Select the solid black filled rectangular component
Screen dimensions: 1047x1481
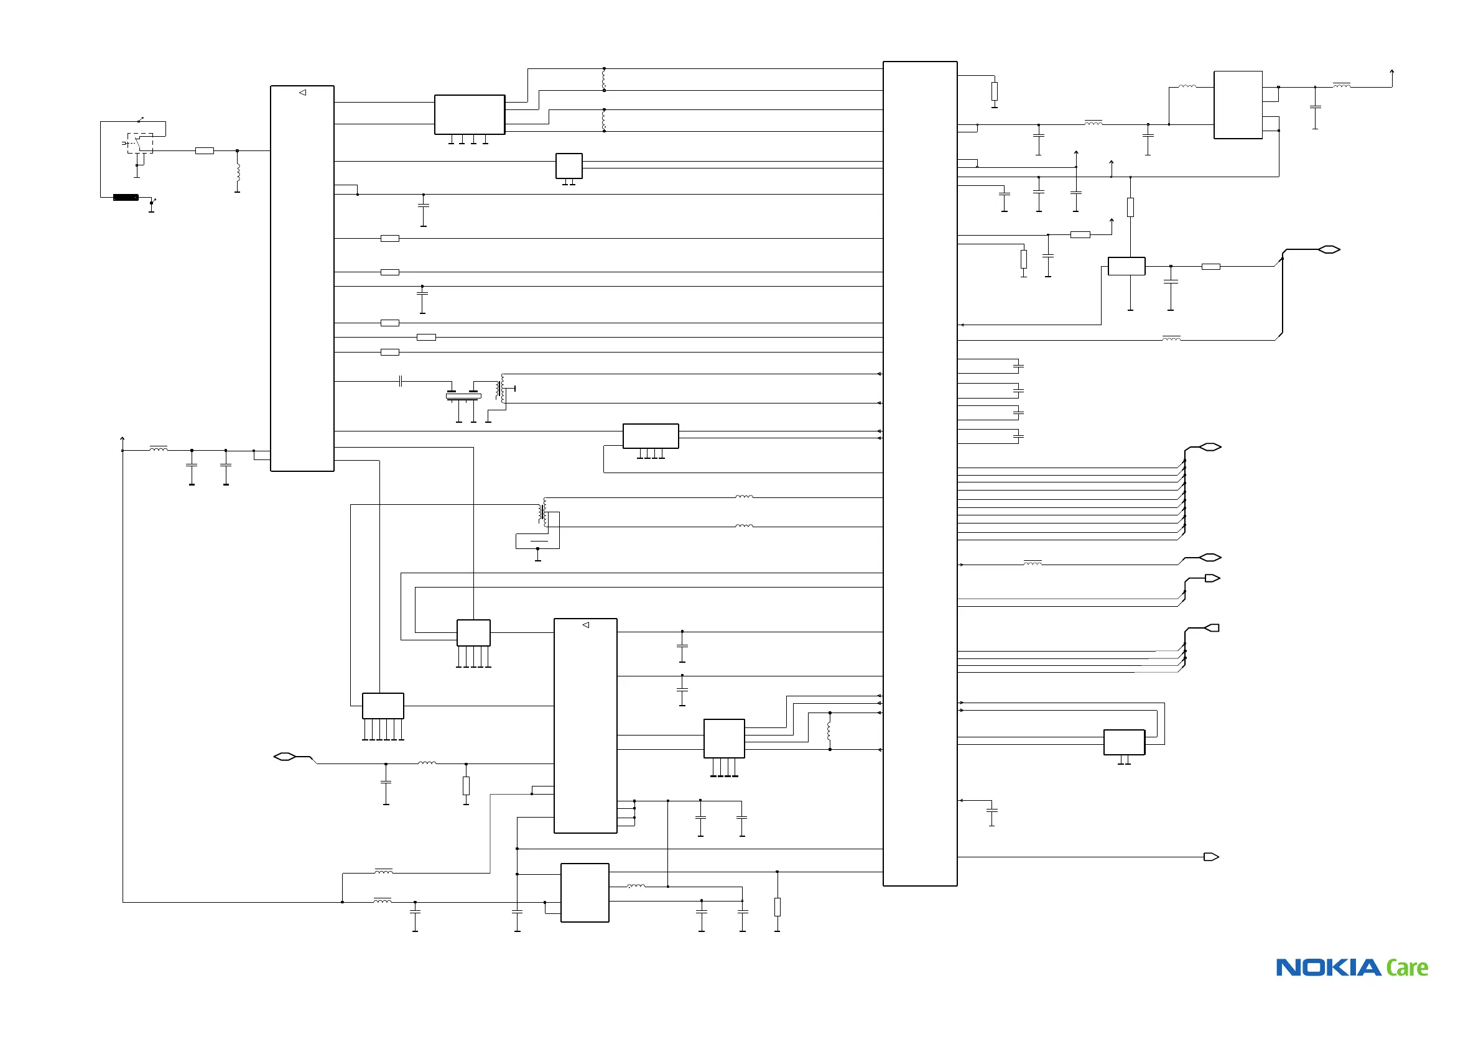[x=125, y=197]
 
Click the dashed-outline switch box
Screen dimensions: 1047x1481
[x=140, y=142]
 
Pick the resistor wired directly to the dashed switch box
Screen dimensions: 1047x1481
[x=205, y=151]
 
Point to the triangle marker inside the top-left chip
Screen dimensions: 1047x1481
[x=302, y=93]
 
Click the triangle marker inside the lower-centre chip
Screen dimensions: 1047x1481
[x=586, y=625]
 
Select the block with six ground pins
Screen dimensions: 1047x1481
[x=383, y=706]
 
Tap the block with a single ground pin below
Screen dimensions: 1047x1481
[x=1126, y=265]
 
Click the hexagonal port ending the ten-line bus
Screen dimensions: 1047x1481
[x=1209, y=447]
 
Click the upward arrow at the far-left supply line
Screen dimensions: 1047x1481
[x=122, y=440]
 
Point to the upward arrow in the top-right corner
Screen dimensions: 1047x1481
[x=1392, y=73]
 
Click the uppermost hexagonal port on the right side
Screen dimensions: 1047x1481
[x=1329, y=249]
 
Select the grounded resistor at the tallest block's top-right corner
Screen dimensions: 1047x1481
[x=994, y=91]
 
